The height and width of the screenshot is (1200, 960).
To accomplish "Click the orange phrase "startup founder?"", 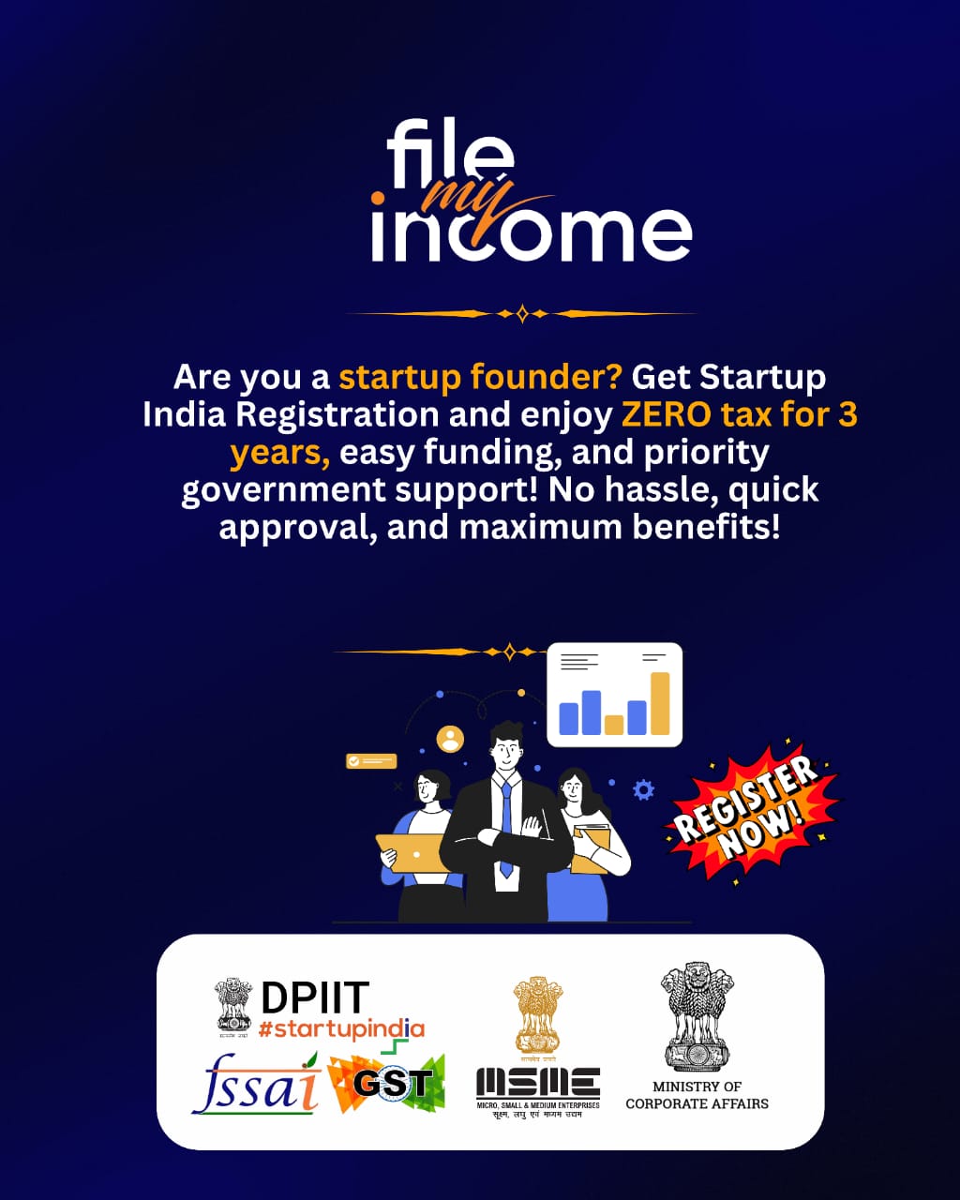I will pos(480,377).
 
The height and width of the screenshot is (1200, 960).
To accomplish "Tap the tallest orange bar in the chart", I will pos(660,703).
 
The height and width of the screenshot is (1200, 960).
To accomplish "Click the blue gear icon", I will pos(643,789).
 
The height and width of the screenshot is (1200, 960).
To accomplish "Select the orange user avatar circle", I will pos(451,739).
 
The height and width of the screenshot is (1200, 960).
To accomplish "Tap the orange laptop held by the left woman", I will pos(410,852).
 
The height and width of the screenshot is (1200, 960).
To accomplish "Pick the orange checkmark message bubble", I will pos(371,761).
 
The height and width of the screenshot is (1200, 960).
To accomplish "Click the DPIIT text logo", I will pos(315,998).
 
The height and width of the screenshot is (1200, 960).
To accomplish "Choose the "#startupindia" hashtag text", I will pos(341,1029).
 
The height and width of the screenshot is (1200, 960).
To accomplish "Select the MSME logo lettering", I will pos(537,1083).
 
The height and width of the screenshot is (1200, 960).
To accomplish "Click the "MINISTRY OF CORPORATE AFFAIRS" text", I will pos(697,1095).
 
